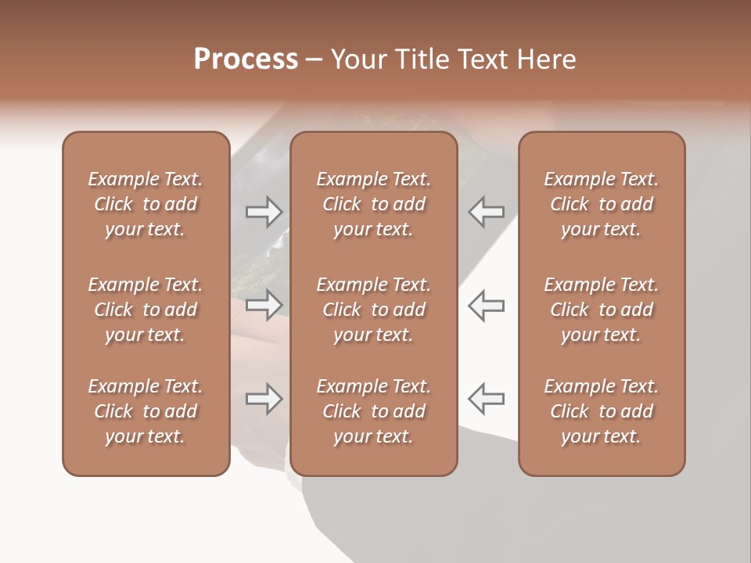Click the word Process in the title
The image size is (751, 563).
[x=246, y=59]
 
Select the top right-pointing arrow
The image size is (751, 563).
[x=264, y=211]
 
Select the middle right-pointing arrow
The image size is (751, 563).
[x=264, y=305]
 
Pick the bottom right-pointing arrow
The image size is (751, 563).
[x=264, y=399]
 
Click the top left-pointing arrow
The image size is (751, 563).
[x=486, y=211]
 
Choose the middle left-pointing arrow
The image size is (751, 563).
[x=486, y=305]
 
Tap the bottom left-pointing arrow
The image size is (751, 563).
[x=486, y=399]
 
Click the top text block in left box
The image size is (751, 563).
[x=146, y=204]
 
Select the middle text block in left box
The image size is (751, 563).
[x=146, y=310]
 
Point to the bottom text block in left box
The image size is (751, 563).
[x=146, y=411]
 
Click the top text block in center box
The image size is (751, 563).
[x=373, y=204]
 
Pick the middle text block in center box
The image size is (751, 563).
[x=373, y=310]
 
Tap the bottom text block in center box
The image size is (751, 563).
[x=373, y=411]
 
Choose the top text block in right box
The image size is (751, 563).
[x=601, y=204]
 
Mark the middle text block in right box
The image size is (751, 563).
[x=601, y=310]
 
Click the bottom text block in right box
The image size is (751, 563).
[x=601, y=411]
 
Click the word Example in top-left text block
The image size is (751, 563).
[x=123, y=180]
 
